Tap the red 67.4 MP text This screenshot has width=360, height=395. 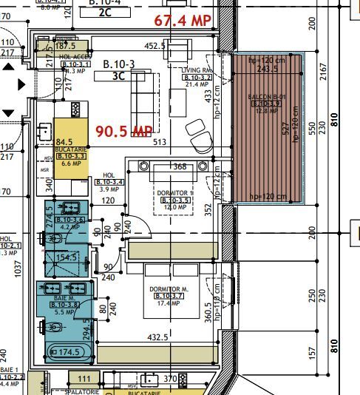[183, 21]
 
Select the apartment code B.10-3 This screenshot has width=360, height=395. [118, 64]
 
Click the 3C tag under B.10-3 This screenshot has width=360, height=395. [118, 75]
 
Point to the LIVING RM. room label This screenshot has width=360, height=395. [197, 69]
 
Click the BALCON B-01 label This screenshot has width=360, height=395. [265, 97]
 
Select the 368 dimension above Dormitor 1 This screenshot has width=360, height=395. [180, 166]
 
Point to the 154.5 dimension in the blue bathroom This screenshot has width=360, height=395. [67, 257]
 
